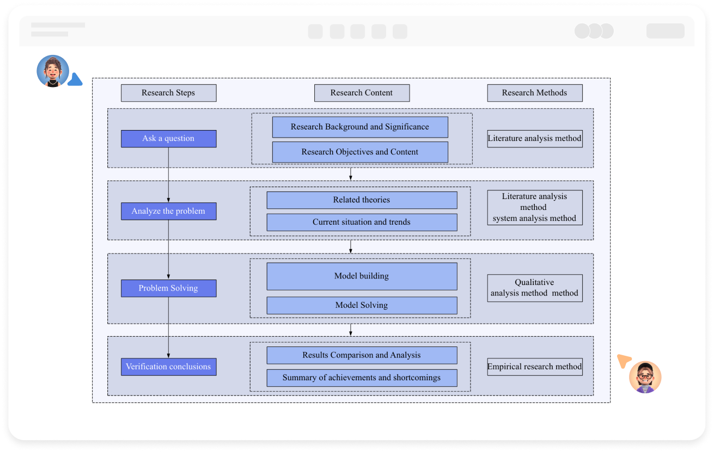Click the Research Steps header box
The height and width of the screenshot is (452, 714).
coord(168,93)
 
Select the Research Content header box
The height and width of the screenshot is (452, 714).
coord(362,93)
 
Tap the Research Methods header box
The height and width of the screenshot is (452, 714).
coord(534,93)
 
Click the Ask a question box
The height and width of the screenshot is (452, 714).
coord(168,139)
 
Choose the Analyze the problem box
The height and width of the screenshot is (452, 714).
coord(168,211)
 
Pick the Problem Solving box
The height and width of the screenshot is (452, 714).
coord(168,288)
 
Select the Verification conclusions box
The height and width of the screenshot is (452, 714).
coord(168,367)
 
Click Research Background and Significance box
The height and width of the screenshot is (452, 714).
coord(360,127)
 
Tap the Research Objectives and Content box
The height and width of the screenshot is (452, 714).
coord(360,152)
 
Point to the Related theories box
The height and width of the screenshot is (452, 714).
coord(362,200)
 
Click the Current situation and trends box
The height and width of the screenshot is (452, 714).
coord(362,222)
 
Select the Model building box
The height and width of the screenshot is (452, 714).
coord(362,276)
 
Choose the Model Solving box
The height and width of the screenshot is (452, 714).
coord(362,306)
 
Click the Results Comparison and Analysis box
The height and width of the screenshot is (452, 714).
coord(362,355)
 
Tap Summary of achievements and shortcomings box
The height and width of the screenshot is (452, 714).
coord(362,378)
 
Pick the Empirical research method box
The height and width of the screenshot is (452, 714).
coord(534,367)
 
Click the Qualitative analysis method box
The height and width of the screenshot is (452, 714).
coord(534,288)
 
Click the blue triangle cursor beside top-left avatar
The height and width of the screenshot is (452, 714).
coord(75,81)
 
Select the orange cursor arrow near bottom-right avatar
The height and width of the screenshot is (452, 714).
coord(624,361)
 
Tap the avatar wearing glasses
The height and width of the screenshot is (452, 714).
coord(645,377)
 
